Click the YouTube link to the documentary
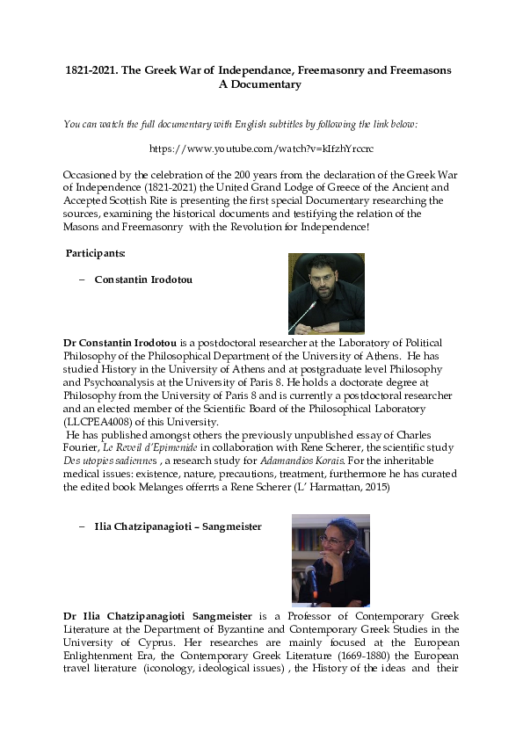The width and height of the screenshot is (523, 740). click(x=261, y=150)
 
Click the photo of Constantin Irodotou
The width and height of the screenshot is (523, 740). click(x=326, y=294)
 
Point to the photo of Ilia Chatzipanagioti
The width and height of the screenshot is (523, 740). click(x=330, y=560)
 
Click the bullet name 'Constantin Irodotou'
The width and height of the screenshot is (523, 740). click(x=143, y=280)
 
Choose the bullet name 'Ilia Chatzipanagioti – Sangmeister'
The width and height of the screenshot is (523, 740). click(x=178, y=526)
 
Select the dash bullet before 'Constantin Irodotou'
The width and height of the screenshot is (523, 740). click(x=82, y=280)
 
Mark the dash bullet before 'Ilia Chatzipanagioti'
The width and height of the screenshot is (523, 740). click(x=82, y=526)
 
